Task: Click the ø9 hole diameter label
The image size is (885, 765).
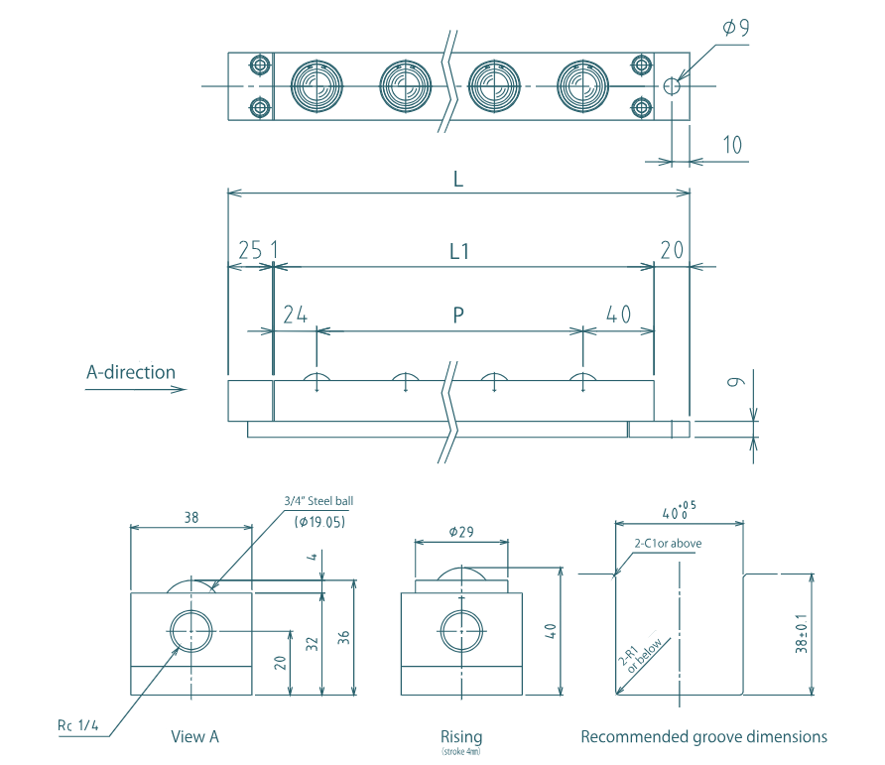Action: [735, 27]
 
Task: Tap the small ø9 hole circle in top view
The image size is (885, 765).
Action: [672, 86]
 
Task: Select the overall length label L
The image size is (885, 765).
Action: [458, 180]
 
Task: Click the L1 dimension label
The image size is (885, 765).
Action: [458, 252]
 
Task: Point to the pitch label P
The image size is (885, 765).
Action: [458, 316]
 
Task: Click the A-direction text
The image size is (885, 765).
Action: [131, 373]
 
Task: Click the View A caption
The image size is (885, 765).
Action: [194, 736]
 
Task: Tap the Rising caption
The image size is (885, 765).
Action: [461, 736]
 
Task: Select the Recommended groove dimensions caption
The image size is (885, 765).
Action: [703, 736]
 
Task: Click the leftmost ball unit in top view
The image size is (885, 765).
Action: [316, 86]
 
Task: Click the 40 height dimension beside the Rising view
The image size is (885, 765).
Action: [578, 631]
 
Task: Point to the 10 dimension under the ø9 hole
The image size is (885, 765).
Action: [732, 145]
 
